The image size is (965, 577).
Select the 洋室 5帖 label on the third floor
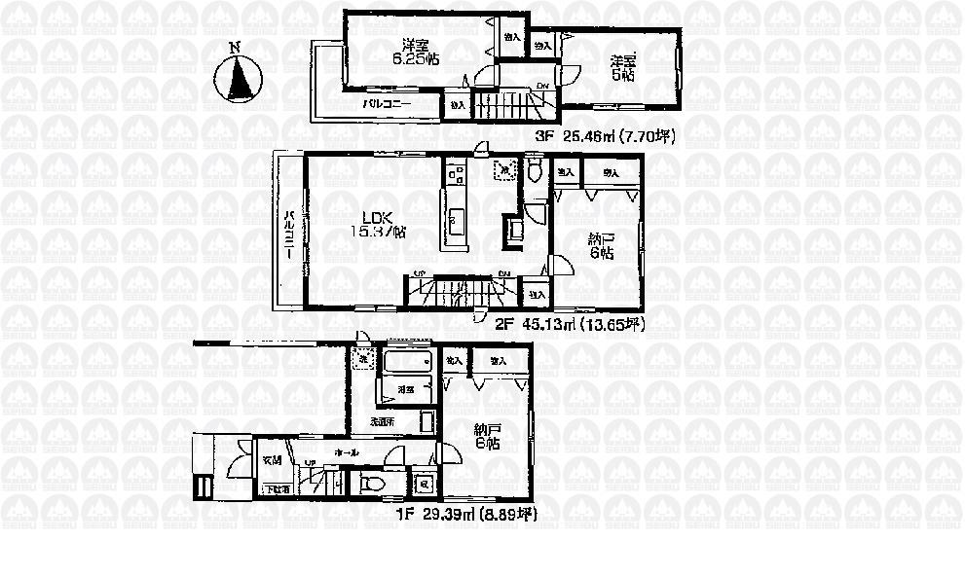[x=622, y=66]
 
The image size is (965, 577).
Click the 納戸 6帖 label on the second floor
[x=599, y=244]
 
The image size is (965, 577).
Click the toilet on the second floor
[x=535, y=172]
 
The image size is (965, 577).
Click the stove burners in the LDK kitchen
[x=455, y=175]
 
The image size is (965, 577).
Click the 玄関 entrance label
[x=272, y=460]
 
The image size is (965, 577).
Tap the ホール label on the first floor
[x=345, y=453]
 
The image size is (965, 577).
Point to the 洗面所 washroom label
[x=381, y=422]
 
